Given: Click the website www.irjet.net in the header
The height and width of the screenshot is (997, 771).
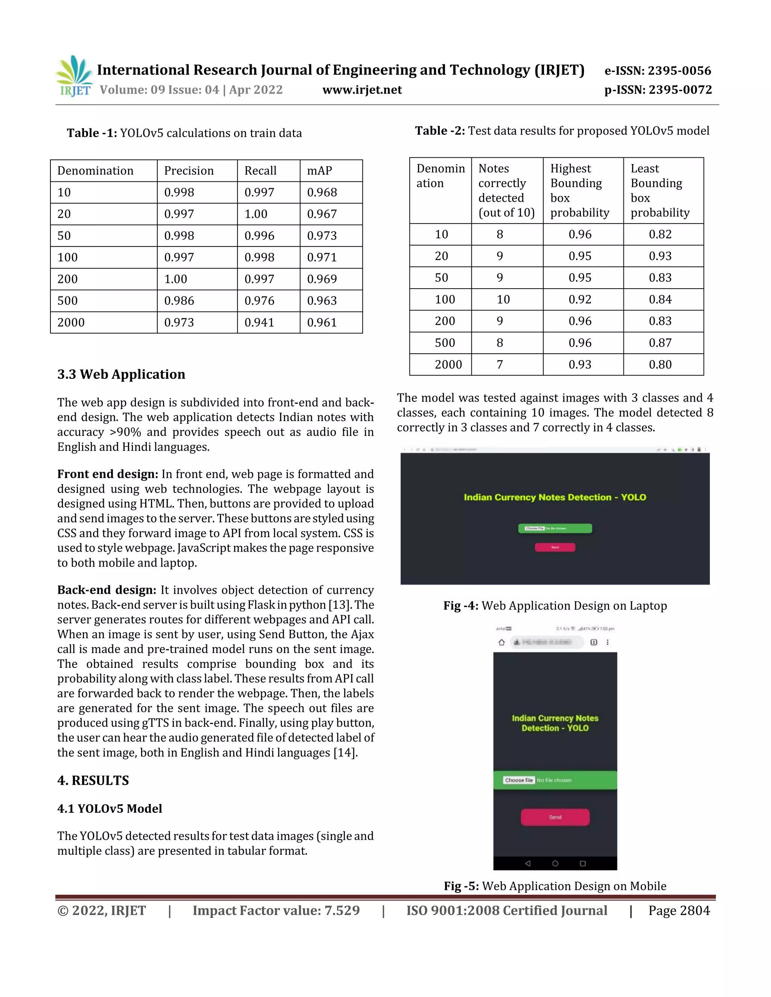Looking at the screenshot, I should pos(362,90).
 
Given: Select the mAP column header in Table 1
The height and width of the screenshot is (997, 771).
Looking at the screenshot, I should pos(319,171).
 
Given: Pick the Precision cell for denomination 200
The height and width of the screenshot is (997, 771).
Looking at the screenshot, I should pos(176,279).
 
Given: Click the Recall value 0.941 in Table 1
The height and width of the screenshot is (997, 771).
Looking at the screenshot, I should pos(259,322).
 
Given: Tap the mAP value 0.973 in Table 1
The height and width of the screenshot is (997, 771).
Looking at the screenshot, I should pos(322,236).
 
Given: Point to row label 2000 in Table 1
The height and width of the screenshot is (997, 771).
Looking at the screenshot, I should pos(71,322).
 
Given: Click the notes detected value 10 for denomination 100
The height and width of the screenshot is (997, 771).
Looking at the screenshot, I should pos(503,299).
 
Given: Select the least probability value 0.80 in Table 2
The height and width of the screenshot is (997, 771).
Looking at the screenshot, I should pos(660,364).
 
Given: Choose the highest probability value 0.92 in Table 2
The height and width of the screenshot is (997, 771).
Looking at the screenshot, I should pos(580,299).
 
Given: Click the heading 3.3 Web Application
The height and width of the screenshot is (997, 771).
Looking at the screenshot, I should pos(121,374).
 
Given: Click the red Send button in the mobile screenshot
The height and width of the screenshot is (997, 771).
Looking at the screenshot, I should pos(555,817).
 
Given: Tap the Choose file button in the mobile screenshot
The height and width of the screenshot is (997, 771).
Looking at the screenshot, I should pos(518,780).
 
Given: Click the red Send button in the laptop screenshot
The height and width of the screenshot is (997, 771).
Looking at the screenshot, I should pos(555,547).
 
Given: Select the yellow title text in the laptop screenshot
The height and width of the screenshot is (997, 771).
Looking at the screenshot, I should pos(555,497).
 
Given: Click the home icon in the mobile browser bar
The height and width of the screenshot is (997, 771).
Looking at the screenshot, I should pos(501,642).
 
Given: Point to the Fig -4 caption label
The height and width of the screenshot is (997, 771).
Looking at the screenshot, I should pos(460,606).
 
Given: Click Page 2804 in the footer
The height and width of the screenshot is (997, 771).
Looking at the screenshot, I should pos(679,911).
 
